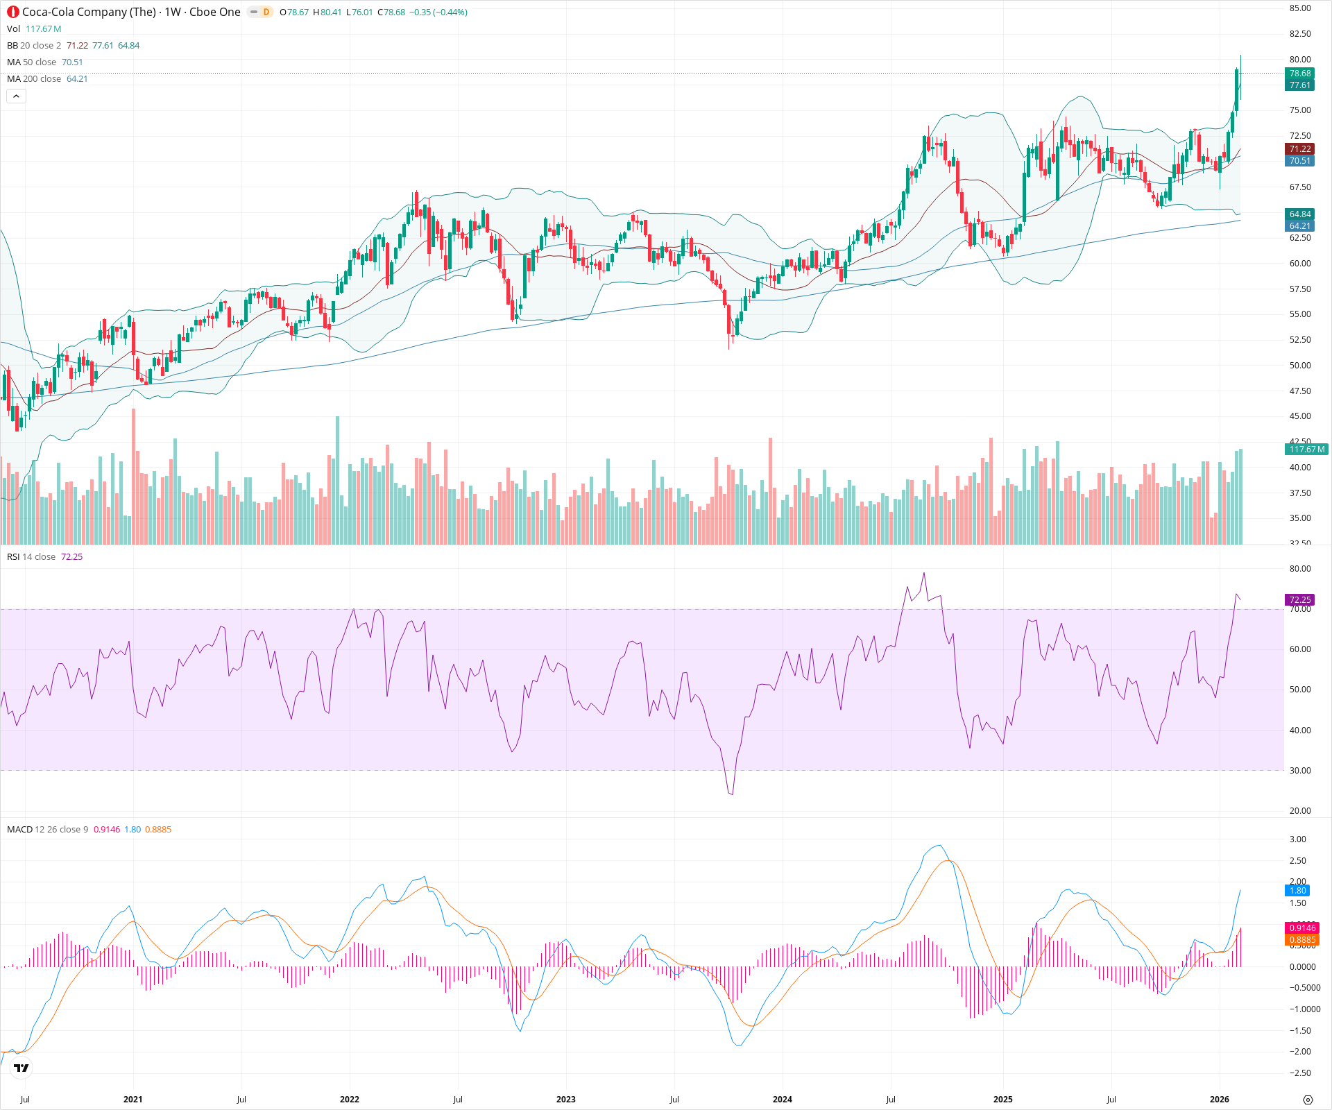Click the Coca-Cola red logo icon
(x=13, y=12)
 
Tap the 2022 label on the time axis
(x=349, y=1099)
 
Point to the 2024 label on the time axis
(x=782, y=1099)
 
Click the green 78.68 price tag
(x=1299, y=74)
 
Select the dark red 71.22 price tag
(x=1299, y=149)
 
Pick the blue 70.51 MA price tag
(x=1299, y=161)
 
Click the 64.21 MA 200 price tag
(x=1299, y=226)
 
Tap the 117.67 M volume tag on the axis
(x=1306, y=450)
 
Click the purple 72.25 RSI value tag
(x=1299, y=600)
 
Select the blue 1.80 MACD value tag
(x=1297, y=891)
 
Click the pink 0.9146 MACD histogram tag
(x=1301, y=928)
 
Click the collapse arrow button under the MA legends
(x=16, y=96)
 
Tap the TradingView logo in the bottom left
(x=22, y=1068)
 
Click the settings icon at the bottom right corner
(x=1308, y=1100)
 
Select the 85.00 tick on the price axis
(x=1299, y=8)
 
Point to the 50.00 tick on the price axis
(x=1299, y=366)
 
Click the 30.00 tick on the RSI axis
(x=1299, y=771)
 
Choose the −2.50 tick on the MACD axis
(x=1299, y=1073)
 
